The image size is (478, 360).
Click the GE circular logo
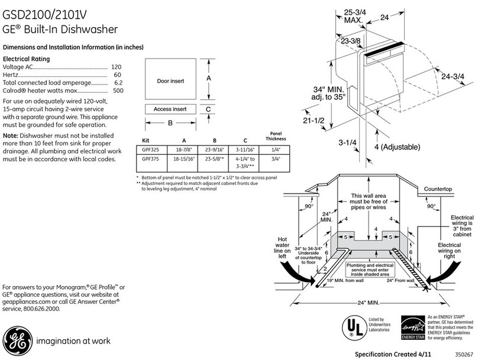pyautogui.click(x=16, y=340)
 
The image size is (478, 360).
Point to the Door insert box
pyautogui.click(x=171, y=80)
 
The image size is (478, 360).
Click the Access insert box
pyautogui.click(x=170, y=109)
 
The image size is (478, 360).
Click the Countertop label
pyautogui.click(x=438, y=189)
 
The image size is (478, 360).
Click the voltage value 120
pyautogui.click(x=117, y=68)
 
